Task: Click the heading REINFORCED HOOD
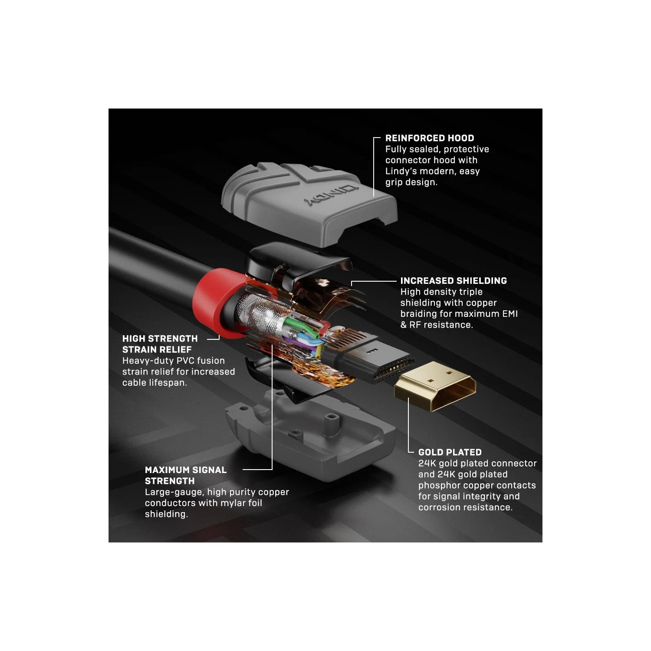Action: (x=430, y=138)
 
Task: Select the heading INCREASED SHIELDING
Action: (x=454, y=281)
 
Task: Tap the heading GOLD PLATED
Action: (x=450, y=452)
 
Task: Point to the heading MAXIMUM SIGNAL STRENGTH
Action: (x=186, y=475)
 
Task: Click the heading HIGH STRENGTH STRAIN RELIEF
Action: (x=160, y=344)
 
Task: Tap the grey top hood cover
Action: (x=309, y=204)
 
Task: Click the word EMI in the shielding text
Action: (x=510, y=314)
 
